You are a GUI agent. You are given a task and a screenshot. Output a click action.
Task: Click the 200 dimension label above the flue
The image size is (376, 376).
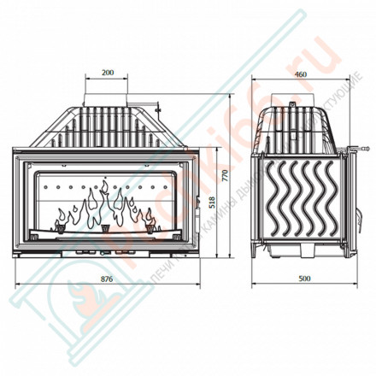coord(107,73)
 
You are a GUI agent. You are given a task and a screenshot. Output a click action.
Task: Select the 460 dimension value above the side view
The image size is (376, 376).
coord(300,73)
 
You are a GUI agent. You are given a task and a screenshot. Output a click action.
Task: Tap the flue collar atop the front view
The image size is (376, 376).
coord(107,99)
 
